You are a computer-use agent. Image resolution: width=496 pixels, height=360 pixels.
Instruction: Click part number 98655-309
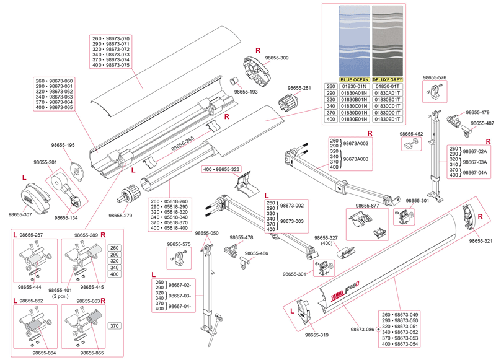coord(277,58)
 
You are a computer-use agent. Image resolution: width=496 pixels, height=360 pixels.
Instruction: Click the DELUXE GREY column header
coord(387,80)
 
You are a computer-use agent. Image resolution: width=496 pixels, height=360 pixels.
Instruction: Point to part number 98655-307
coord(20,214)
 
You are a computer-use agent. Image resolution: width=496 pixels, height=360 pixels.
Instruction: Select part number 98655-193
coord(246,92)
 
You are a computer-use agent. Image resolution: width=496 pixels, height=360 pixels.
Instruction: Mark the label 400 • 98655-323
coord(221,169)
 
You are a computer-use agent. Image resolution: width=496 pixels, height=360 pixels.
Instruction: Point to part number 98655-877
coord(366,206)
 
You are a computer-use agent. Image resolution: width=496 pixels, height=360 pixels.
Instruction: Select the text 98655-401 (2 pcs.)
coord(61,293)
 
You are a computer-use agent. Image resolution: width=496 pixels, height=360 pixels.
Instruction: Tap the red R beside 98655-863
coord(103,301)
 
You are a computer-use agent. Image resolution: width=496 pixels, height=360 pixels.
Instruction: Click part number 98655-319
coord(317,335)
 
